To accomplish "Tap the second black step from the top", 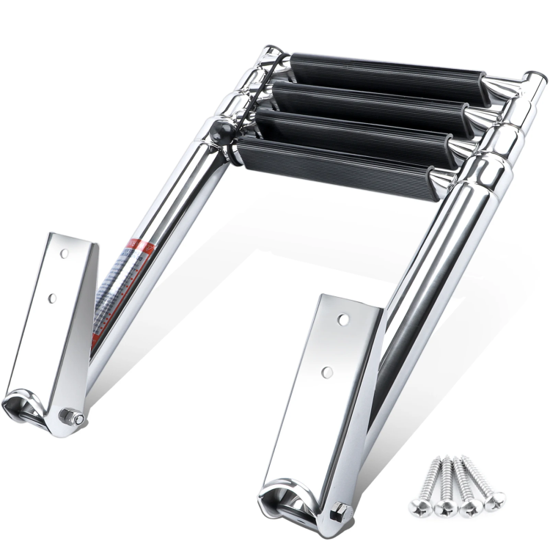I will [370, 103].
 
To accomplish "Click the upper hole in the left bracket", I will [64, 254].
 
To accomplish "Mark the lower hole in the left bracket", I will [53, 298].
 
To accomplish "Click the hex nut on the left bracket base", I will [75, 418].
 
